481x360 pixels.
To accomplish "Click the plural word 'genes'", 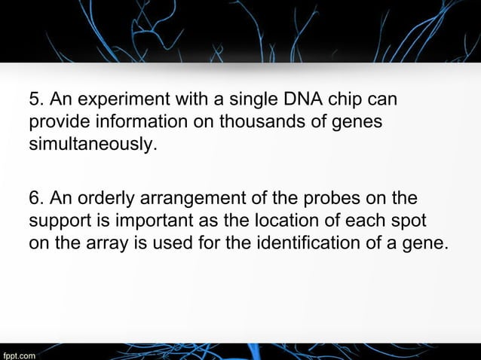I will [x=356, y=122].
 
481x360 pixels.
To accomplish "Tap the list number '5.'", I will [x=35, y=100].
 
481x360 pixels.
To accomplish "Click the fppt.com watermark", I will [x=19, y=352].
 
